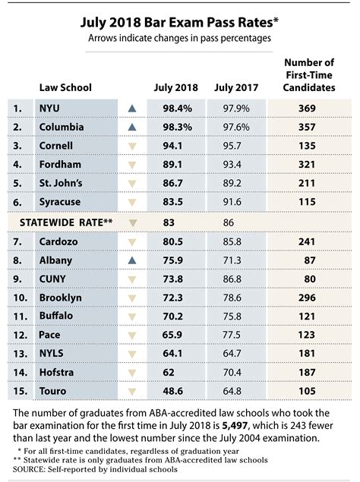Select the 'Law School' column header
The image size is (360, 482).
pyautogui.click(x=65, y=87)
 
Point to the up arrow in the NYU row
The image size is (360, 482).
pyautogui.click(x=134, y=109)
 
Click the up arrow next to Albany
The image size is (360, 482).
pyautogui.click(x=134, y=260)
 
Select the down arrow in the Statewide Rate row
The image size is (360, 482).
pyautogui.click(x=134, y=222)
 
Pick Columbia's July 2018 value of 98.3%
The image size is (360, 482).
pyautogui.click(x=172, y=128)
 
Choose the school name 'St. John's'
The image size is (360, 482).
pyautogui.click(x=62, y=184)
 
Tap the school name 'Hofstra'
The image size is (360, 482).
pyautogui.click(x=58, y=372)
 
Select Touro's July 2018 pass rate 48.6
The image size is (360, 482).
pyautogui.click(x=172, y=391)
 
